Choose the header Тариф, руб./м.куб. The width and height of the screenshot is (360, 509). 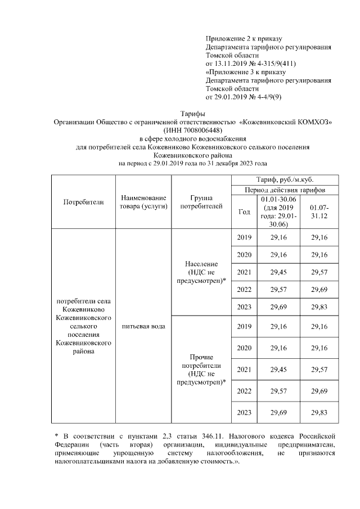(285, 179)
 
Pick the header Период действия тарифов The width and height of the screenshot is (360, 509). (285, 190)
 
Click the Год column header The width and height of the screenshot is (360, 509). (244, 211)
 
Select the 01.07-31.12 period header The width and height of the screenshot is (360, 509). (319, 211)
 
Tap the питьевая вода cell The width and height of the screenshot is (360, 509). (143, 327)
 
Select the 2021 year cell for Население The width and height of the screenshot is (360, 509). (244, 272)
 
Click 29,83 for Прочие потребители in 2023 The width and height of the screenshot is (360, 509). (319, 412)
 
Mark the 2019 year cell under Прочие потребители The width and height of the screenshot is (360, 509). (244, 327)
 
